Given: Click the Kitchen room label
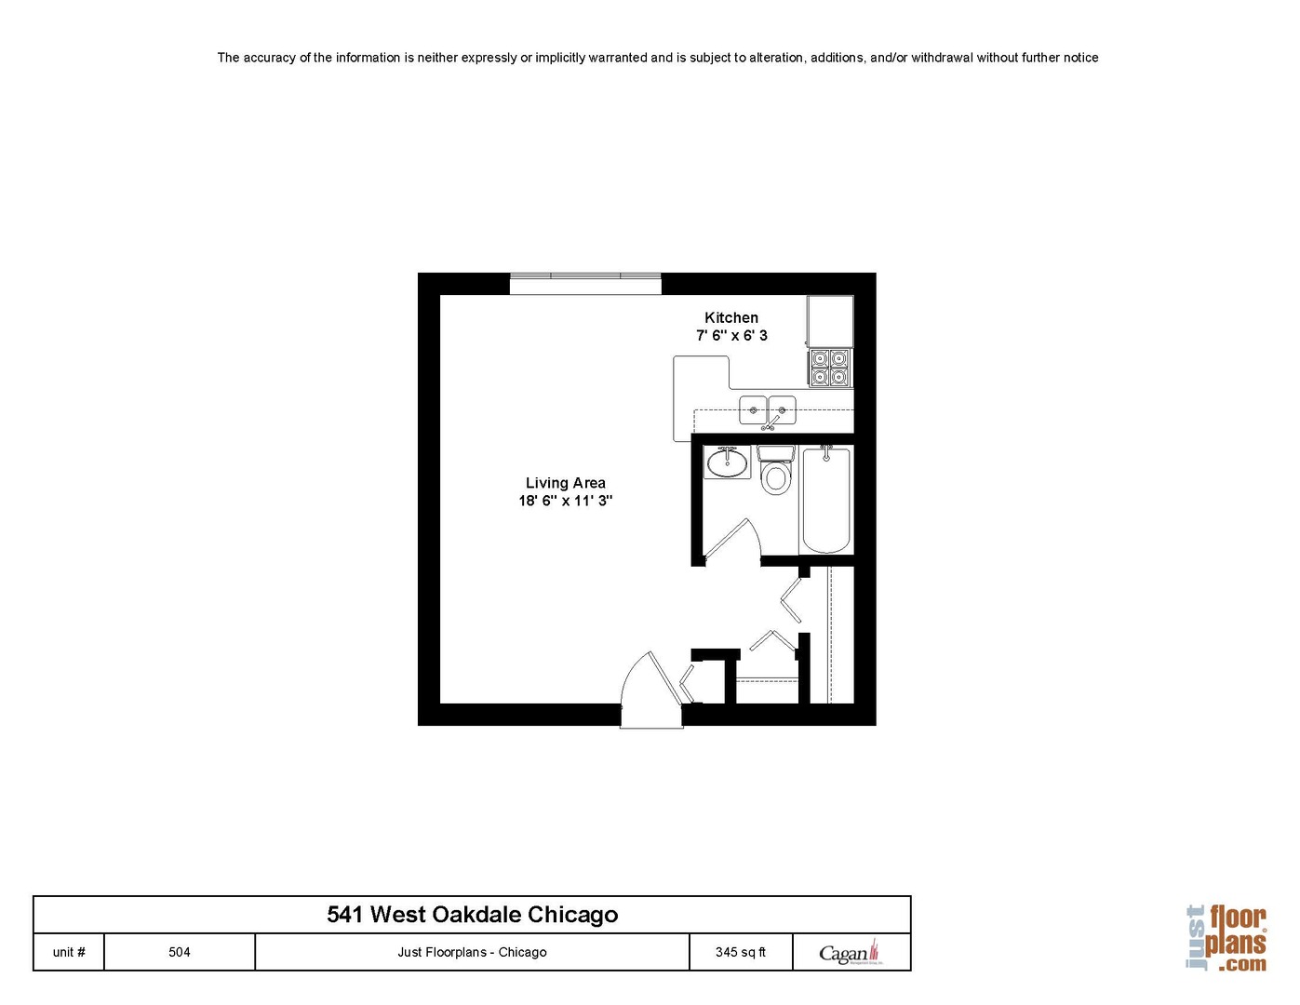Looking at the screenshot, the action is point(730,317).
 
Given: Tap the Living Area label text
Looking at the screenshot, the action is point(566,483).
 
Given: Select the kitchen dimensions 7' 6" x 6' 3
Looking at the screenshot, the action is point(731,336).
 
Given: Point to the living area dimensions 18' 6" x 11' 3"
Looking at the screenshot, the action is point(566,501).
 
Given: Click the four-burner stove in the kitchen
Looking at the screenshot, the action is point(830,368).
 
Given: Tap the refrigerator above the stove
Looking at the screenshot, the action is point(830,321).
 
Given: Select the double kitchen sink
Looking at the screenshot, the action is point(768,410).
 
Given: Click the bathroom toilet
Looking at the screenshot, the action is point(775,469).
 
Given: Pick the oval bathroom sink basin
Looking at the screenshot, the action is point(727,462).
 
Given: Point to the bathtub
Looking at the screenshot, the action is point(826,500).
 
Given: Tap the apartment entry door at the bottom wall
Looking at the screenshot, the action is point(651,690).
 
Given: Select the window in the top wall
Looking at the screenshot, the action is point(585,284).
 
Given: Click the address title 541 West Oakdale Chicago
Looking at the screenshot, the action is point(472,915).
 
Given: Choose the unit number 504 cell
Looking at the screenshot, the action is point(179,952).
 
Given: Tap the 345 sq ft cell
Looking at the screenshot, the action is point(741,952).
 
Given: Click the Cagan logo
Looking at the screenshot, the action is point(851,952).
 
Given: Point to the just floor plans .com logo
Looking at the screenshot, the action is point(1227,938).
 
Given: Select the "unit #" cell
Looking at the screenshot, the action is point(69,952).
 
